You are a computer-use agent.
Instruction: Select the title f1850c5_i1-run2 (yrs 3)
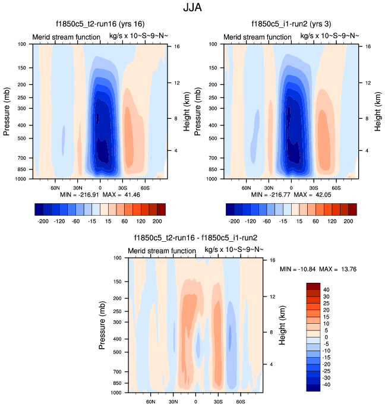292,24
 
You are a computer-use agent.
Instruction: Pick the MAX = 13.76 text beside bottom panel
339,270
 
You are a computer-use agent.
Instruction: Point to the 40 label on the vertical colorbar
326,289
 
